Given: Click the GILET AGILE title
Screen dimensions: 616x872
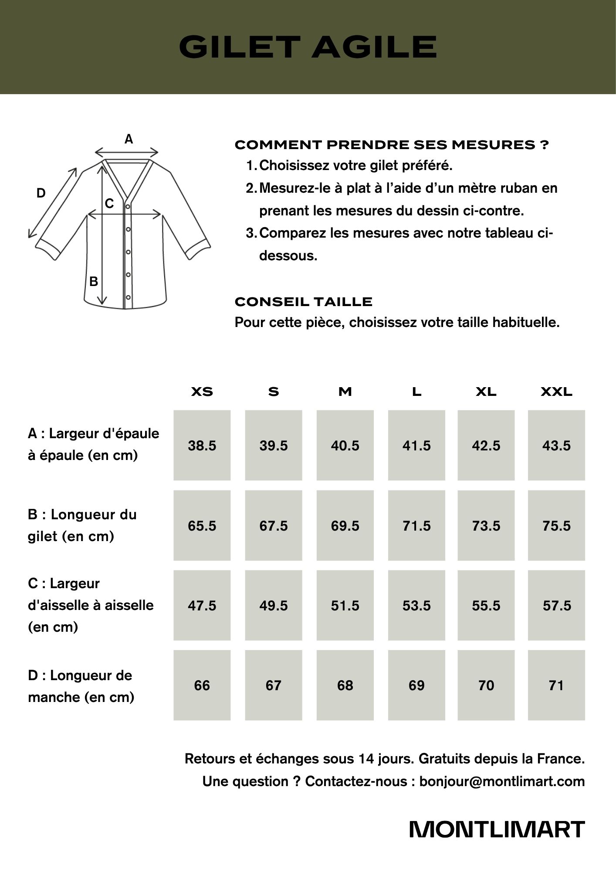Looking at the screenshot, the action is coord(308,47).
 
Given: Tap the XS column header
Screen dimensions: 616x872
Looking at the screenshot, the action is coord(202,392).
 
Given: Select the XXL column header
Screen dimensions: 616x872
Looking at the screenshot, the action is coord(556,392).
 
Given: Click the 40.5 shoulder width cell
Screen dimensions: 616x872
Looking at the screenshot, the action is coord(345,445).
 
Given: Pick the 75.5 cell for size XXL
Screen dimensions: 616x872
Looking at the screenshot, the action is coord(556,525).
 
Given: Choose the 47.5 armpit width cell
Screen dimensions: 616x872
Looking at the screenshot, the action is coord(202,605).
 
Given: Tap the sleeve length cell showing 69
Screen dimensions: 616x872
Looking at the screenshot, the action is coord(416,685).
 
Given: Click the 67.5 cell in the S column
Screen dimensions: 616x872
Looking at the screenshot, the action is coord(274,525).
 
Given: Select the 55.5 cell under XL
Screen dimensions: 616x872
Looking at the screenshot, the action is coord(486,605).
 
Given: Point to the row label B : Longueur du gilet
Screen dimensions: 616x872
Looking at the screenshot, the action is coord(82,525).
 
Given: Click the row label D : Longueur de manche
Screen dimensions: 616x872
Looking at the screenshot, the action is coord(81,686).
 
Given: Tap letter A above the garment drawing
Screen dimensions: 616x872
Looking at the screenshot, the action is coord(129,139).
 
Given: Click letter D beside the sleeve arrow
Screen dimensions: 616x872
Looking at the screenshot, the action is coord(41,193).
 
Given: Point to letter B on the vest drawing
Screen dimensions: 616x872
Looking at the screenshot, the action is coord(94,282).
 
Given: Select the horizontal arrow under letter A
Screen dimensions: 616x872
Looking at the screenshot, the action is coord(127,152).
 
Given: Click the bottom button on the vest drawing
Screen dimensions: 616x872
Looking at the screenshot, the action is coord(128,297).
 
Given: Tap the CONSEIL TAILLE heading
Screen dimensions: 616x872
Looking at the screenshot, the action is coord(304,302).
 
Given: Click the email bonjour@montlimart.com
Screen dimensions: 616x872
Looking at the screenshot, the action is coord(502,781).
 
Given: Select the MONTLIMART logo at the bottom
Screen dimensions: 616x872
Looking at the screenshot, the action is coord(497,829).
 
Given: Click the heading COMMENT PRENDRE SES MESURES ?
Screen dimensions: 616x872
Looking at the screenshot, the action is coord(392,145).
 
